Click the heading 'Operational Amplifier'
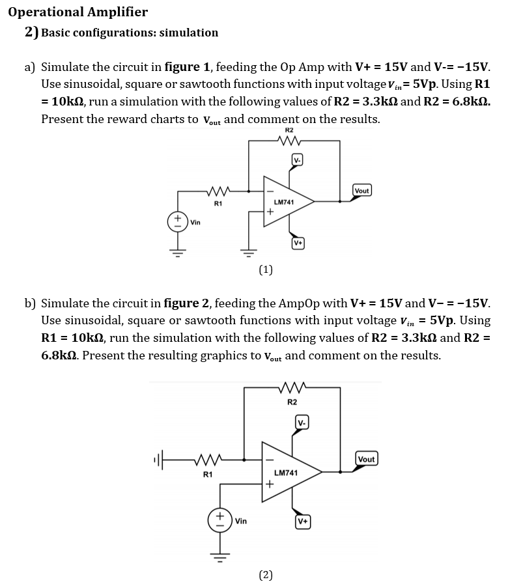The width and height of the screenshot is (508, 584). [x=78, y=12]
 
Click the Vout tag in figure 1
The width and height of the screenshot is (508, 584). [x=361, y=191]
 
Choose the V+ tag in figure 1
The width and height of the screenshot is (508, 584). [x=298, y=243]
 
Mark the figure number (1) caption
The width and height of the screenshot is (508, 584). [x=266, y=269]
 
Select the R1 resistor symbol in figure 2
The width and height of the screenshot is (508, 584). [x=208, y=460]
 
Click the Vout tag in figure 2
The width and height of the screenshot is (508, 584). [x=366, y=459]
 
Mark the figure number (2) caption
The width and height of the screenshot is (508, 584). [x=266, y=574]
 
